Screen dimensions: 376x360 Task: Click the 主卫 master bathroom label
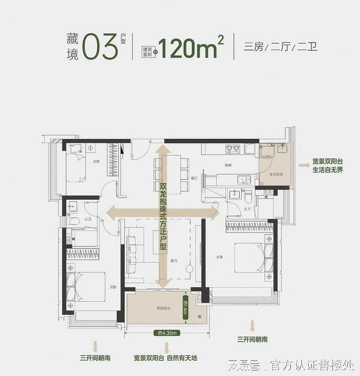point(247,210)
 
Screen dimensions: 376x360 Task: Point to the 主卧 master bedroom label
point(219,257)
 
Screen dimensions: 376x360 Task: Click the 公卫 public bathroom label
point(87,207)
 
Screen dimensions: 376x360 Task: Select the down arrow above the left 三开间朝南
point(96,345)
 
